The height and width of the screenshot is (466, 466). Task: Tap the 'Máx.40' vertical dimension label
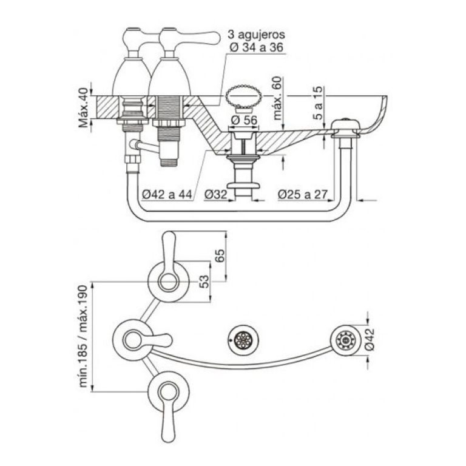(84, 104)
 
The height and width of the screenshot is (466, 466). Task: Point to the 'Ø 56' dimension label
(243, 120)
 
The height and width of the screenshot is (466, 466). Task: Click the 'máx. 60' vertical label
(279, 98)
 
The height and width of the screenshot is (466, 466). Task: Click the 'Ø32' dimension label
(216, 194)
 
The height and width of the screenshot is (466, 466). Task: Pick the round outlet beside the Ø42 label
(345, 341)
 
